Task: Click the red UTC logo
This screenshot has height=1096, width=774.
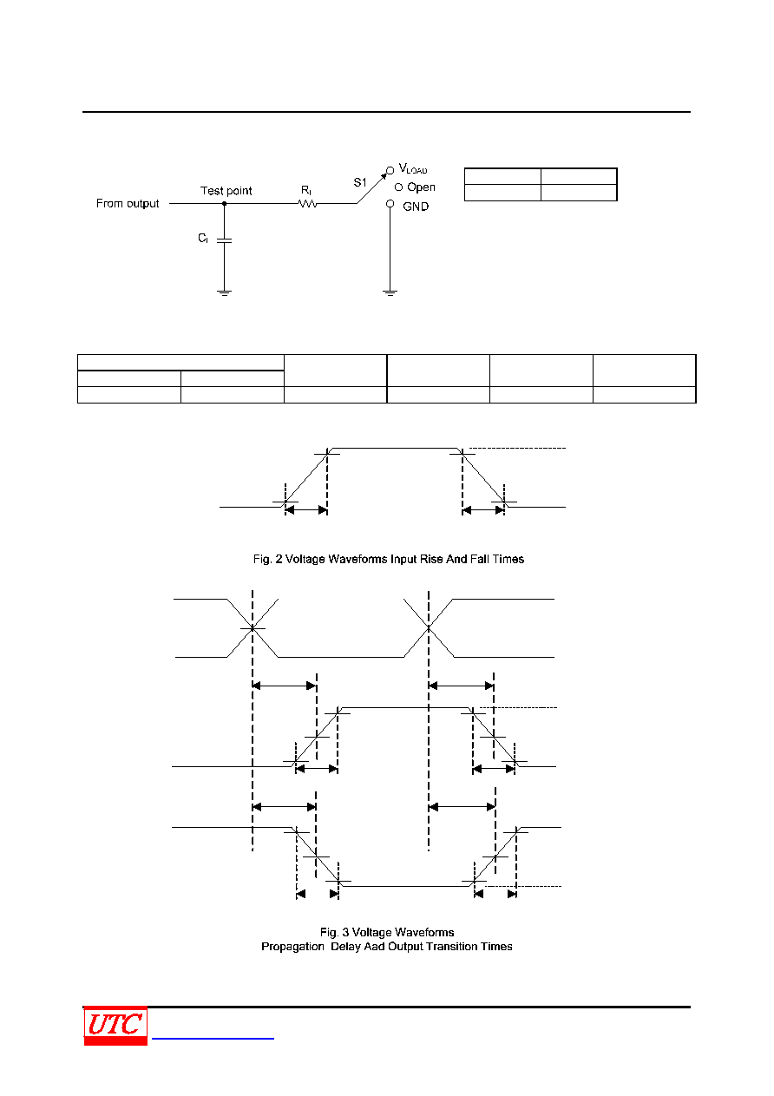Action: click(115, 1026)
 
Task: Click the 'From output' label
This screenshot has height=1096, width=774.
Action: click(128, 204)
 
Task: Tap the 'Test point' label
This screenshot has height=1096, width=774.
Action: click(226, 191)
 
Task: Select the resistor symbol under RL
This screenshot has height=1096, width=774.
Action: click(307, 204)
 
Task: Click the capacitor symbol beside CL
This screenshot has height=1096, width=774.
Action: click(224, 240)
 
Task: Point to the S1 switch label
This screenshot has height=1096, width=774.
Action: click(360, 182)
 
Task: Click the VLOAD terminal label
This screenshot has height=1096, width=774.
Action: click(413, 169)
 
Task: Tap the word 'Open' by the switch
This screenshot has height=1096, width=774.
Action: click(421, 187)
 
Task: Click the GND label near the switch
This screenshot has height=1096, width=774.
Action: click(416, 207)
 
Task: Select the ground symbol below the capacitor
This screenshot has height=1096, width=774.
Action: click(224, 292)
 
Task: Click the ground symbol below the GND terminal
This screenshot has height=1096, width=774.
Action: click(390, 292)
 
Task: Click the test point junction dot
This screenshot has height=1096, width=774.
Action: click(224, 204)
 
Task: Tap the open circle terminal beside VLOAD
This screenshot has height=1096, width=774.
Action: click(390, 171)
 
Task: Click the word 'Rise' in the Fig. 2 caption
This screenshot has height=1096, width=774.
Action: click(431, 559)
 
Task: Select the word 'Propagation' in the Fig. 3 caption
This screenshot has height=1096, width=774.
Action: click(292, 947)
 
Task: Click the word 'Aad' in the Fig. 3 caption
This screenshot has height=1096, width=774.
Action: click(374, 947)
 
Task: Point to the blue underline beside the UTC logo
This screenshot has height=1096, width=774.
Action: click(213, 1038)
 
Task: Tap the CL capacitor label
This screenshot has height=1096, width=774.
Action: click(203, 239)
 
